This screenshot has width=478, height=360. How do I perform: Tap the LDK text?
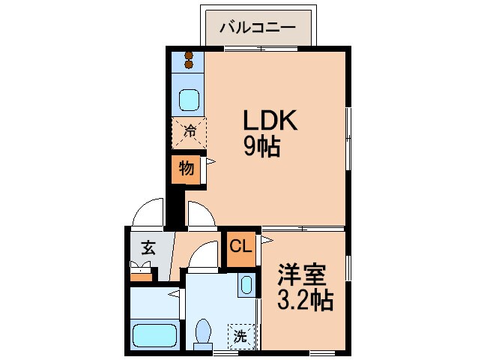pyautogui.click(x=269, y=121)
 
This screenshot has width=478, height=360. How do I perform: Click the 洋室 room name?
pyautogui.click(x=303, y=274)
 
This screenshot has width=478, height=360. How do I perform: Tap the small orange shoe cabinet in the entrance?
pyautogui.click(x=140, y=272)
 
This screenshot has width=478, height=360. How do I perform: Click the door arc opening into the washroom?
pyautogui.click(x=201, y=259)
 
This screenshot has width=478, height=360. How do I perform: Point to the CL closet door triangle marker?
pyautogui.click(x=264, y=240)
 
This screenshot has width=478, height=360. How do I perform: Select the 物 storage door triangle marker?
pyautogui.click(x=210, y=161)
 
